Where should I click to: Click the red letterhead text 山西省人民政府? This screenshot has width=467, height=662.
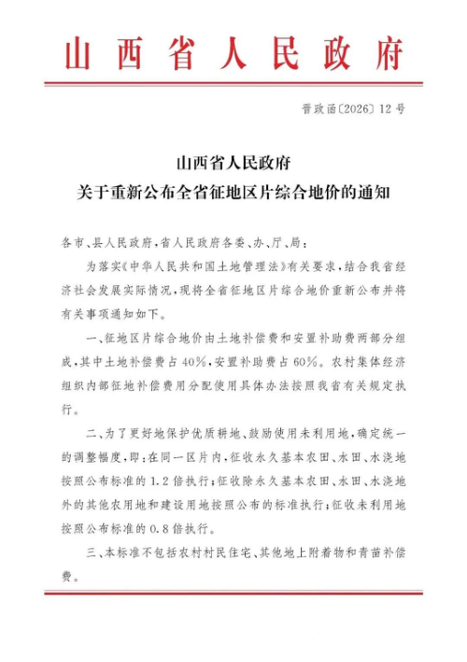[233, 55]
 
